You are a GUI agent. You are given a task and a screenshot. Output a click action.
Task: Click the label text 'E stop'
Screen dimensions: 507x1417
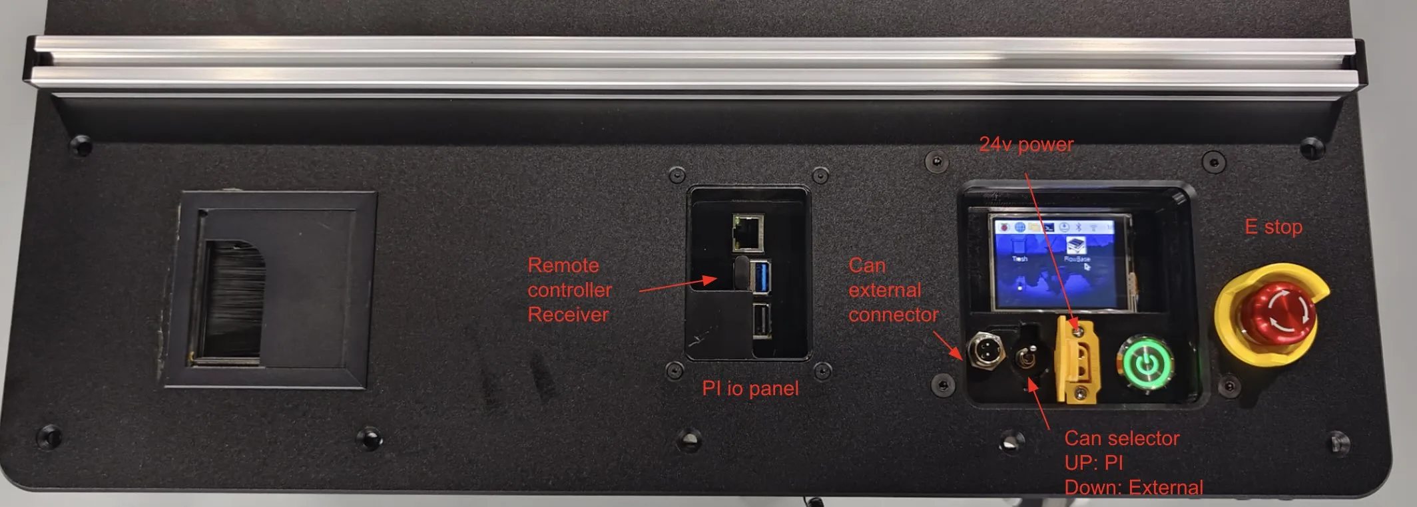coord(1273,227)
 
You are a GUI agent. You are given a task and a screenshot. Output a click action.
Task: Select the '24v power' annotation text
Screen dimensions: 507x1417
coord(1026,144)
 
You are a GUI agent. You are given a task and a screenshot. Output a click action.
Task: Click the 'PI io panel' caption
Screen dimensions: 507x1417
coord(750,389)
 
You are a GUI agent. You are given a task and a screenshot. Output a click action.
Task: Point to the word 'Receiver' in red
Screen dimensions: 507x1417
coord(568,315)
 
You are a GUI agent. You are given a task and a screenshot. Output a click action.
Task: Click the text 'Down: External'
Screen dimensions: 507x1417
coord(1133,488)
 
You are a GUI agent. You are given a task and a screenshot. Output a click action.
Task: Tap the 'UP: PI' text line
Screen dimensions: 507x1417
coord(1093,463)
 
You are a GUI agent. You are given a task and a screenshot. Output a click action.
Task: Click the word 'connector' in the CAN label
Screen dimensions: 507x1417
coord(893,315)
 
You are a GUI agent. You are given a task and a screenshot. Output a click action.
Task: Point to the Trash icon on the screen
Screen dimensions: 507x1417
coord(1019,247)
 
